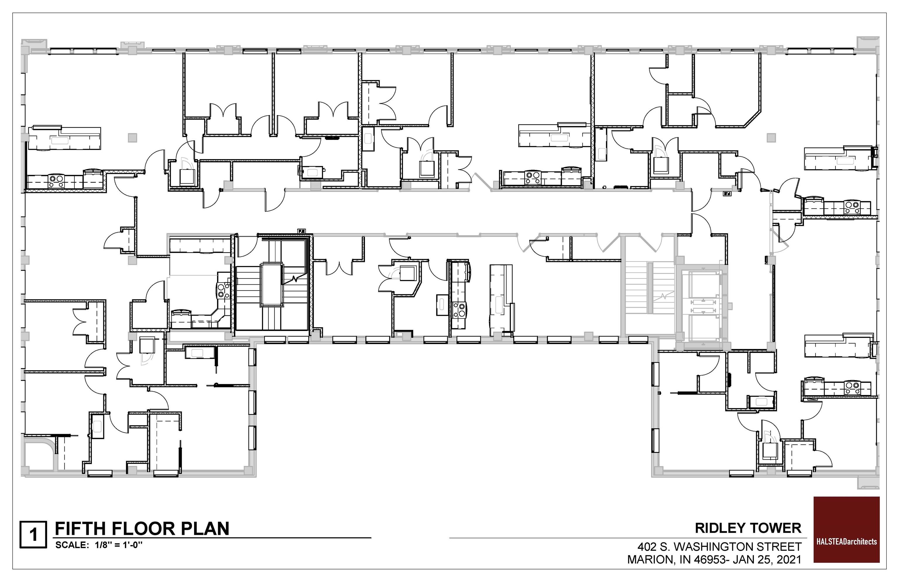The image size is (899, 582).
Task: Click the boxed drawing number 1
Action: coord(33,534)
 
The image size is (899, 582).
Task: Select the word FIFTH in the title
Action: coord(80,528)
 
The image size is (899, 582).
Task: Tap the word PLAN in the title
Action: coord(205,528)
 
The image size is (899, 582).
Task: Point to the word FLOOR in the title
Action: coord(143,528)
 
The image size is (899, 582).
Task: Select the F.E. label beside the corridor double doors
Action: coord(727,194)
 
